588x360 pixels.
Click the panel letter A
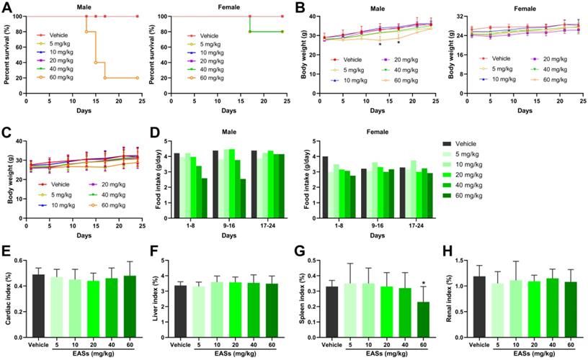tap(7, 8)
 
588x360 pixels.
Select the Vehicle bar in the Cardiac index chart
tap(38, 305)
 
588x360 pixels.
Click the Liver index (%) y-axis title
tap(157, 296)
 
